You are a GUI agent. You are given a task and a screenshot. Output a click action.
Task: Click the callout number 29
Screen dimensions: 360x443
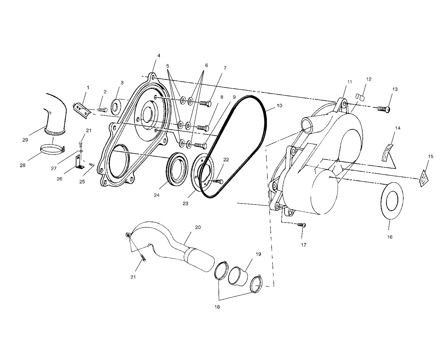click(x=25, y=140)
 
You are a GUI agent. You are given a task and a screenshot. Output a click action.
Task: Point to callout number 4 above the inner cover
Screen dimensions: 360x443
click(x=159, y=56)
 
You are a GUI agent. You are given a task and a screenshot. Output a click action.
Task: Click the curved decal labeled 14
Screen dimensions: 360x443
click(x=388, y=152)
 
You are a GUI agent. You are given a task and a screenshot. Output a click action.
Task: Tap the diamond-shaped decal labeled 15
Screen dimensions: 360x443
click(x=424, y=178)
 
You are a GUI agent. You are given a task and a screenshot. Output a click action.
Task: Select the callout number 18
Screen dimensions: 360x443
click(x=217, y=307)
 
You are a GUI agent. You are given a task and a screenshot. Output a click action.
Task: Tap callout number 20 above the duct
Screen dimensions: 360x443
click(x=198, y=227)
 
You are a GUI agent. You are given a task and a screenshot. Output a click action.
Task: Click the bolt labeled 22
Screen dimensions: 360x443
click(x=218, y=181)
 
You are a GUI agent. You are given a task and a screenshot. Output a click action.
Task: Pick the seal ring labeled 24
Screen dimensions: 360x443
click(x=177, y=169)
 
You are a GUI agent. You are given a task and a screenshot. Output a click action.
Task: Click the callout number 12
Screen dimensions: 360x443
click(x=369, y=79)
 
